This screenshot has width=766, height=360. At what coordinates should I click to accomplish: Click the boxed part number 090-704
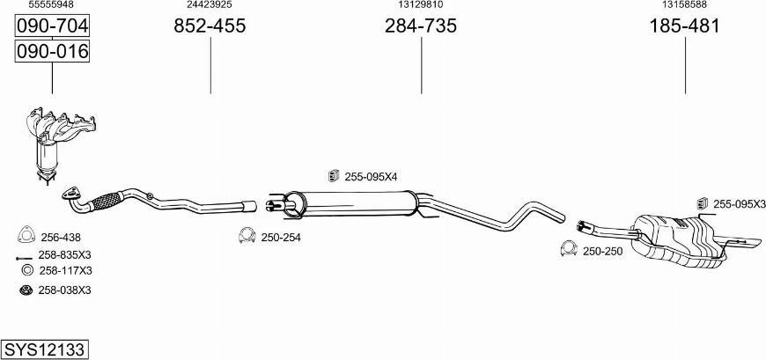(x=53, y=26)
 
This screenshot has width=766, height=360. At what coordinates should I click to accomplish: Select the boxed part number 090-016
(x=53, y=52)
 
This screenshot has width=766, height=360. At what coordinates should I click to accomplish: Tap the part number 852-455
(x=210, y=26)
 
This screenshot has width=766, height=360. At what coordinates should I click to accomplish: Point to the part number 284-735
(x=421, y=26)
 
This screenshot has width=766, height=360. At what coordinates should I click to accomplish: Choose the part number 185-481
(x=684, y=26)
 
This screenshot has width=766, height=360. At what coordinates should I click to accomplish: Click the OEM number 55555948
(x=51, y=5)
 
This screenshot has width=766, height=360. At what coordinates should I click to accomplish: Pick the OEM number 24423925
(x=210, y=5)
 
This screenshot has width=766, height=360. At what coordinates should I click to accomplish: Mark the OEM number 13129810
(x=421, y=5)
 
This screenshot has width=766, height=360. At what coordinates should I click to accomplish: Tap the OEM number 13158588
(x=684, y=5)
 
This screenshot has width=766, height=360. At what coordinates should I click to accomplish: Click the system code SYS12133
(x=44, y=349)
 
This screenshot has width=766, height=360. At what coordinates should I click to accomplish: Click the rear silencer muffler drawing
(x=682, y=238)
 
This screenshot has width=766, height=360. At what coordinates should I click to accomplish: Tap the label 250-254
(x=281, y=237)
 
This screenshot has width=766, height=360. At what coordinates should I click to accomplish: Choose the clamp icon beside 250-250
(x=569, y=252)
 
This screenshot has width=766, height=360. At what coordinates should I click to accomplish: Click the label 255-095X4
(x=371, y=177)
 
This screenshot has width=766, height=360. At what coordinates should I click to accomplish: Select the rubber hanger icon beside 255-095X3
(x=703, y=203)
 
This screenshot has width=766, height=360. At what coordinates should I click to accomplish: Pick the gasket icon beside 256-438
(x=26, y=236)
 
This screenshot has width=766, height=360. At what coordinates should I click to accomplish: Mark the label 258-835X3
(x=65, y=255)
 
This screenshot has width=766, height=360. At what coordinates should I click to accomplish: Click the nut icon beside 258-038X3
(x=26, y=290)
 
